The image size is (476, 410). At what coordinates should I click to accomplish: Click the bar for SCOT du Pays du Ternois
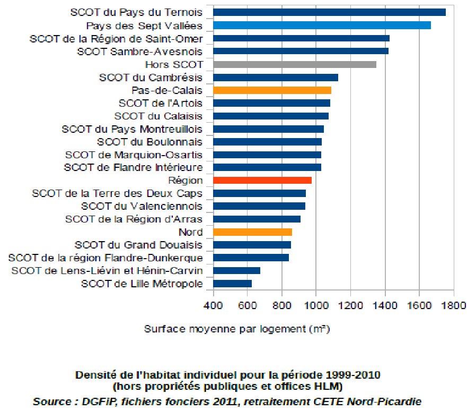tap(329, 12)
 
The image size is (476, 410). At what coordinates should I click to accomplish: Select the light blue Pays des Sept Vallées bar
tap(322, 25)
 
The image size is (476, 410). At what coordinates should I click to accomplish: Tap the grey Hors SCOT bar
tap(295, 64)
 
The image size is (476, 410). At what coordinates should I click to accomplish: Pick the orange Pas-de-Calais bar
tap(272, 90)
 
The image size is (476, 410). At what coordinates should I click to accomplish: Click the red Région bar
tap(262, 181)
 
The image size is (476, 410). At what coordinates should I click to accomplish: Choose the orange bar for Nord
tap(252, 232)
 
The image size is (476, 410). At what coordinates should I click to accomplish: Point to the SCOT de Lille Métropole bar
tap(232, 284)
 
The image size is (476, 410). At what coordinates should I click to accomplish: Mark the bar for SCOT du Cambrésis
tap(276, 78)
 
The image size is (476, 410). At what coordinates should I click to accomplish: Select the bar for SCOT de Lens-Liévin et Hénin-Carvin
tap(236, 271)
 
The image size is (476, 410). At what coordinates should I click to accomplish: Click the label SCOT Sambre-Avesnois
tap(139, 52)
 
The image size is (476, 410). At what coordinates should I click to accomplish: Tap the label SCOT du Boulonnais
tap(149, 142)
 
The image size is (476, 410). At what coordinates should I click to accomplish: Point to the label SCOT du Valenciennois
tap(142, 206)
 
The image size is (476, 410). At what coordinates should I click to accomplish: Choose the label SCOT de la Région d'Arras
tap(134, 219)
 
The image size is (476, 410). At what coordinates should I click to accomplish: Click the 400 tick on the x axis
tap(213, 305)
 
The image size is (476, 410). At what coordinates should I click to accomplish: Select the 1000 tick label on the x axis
tap(316, 305)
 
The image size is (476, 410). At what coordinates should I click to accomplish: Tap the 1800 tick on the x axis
tap(454, 305)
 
